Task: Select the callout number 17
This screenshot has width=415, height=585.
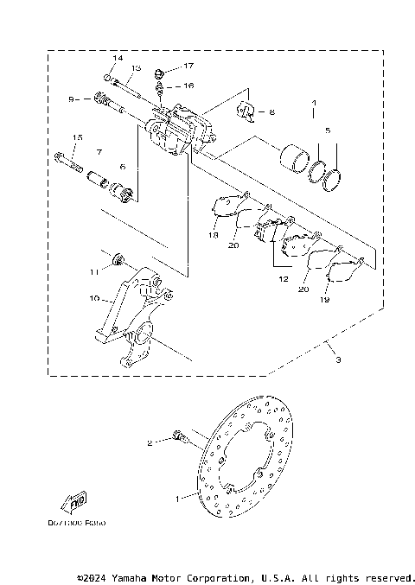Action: pos(188,66)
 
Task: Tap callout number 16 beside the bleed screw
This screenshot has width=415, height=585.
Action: pos(188,86)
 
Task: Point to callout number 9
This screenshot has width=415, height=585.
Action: pos(73,99)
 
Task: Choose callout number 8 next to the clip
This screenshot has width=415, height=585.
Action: pos(271,112)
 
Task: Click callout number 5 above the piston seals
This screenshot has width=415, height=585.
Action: pos(327,130)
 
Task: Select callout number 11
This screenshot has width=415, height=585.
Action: pos(93,271)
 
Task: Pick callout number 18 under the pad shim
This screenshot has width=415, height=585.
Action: pos(212,234)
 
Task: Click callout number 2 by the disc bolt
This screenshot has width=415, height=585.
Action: pos(150,442)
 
